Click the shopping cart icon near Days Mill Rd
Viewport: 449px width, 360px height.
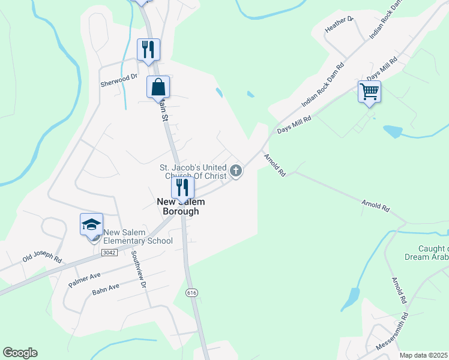point(369,92)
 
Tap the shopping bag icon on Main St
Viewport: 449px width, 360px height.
point(158,87)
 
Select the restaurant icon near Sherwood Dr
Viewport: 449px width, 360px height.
point(148,49)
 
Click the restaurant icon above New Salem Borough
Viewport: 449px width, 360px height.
point(182,187)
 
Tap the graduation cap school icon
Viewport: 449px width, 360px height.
point(91,225)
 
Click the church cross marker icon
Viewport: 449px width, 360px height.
point(236,171)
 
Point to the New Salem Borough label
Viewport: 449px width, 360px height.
point(178,207)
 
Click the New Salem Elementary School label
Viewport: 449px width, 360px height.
point(137,237)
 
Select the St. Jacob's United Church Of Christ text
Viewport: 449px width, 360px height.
point(193,172)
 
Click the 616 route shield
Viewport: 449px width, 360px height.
point(191,292)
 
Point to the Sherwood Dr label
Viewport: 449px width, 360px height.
point(119,77)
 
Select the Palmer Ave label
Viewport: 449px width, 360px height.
point(85,278)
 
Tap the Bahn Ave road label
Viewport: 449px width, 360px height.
point(106,289)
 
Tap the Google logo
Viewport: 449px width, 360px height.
point(20,353)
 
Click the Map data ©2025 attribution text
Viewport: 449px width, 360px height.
point(424,355)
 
